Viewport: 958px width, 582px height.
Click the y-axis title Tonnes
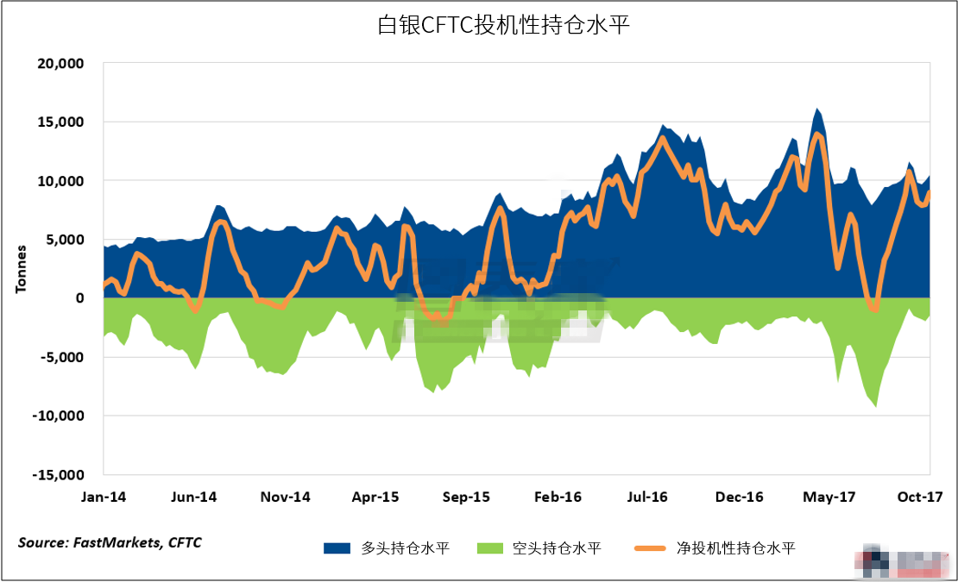click(x=21, y=269)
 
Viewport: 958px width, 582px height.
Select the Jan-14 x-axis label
click(x=104, y=498)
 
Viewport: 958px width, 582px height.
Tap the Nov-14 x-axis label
click(x=287, y=498)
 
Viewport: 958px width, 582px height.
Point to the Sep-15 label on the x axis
click(x=467, y=498)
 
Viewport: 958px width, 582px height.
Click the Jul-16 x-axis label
click(x=647, y=498)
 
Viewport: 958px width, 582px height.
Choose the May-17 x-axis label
click(x=829, y=498)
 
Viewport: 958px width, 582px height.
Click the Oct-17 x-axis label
click(x=918, y=498)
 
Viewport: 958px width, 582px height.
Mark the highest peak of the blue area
click(x=816, y=110)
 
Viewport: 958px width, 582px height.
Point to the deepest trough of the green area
click(x=876, y=406)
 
